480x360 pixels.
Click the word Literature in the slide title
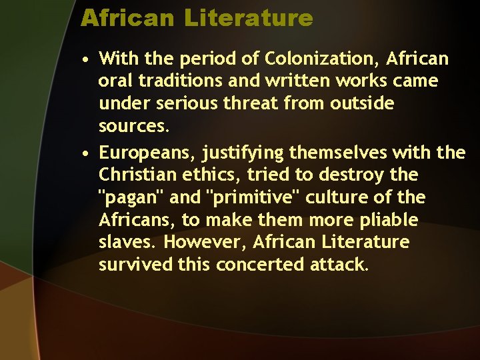(x=249, y=18)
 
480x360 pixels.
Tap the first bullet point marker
(x=87, y=61)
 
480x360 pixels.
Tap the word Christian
(x=135, y=175)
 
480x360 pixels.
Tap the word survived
(x=135, y=265)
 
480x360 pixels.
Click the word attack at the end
(x=339, y=265)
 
